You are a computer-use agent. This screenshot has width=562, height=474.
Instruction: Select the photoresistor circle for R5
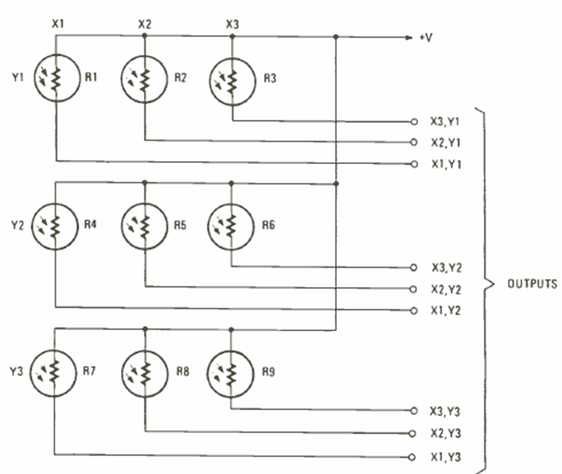click(144, 226)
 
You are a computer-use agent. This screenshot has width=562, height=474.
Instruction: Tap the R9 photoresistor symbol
click(232, 372)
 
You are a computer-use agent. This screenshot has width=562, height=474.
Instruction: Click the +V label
click(425, 35)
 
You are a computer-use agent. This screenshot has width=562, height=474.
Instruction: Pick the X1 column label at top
click(58, 23)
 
